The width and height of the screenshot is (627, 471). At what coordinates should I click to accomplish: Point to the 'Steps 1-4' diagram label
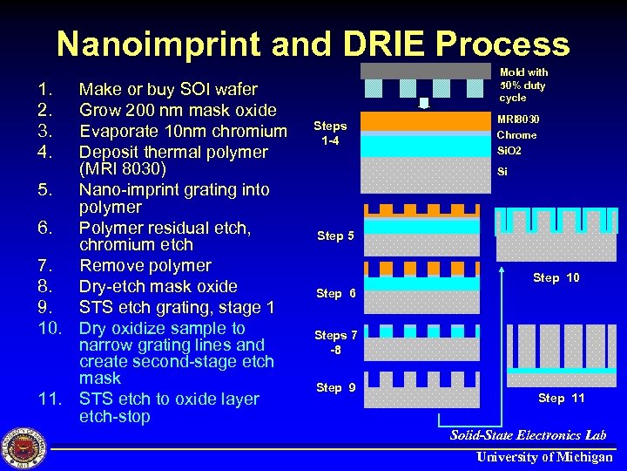click(330, 133)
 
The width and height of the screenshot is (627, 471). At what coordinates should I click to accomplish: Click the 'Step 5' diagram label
click(335, 235)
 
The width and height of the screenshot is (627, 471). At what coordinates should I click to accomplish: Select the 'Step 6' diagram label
click(335, 293)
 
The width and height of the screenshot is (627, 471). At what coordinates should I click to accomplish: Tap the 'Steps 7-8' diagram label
click(335, 342)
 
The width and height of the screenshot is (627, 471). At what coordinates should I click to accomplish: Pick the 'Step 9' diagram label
click(335, 387)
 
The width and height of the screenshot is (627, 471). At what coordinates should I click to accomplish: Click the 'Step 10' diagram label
click(556, 277)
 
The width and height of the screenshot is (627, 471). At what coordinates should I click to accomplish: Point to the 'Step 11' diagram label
click(561, 398)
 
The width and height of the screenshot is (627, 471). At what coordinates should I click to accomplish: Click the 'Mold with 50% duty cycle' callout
click(523, 85)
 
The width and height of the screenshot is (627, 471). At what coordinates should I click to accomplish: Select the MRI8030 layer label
click(518, 119)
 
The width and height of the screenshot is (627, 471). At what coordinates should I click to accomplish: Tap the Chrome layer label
click(516, 135)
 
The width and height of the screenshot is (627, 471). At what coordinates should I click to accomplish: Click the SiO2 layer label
click(509, 151)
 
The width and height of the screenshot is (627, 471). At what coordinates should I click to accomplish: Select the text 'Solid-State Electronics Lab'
click(529, 434)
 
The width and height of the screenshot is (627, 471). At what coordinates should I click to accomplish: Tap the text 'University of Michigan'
click(544, 457)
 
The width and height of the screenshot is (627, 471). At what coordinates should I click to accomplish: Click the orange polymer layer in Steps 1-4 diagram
click(426, 120)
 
